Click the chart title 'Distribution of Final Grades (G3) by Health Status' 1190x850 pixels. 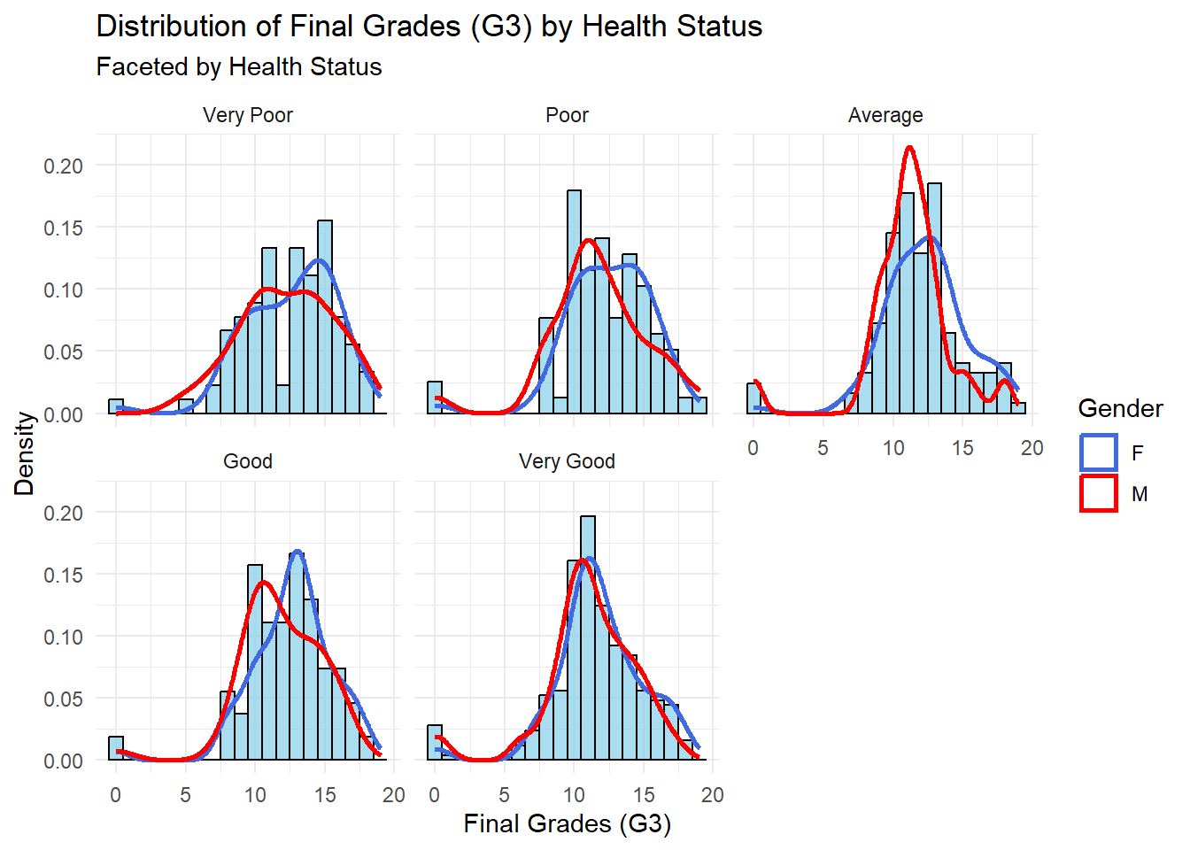point(429,27)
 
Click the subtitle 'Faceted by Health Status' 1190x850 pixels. point(239,67)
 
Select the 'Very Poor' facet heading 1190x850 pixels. point(247,115)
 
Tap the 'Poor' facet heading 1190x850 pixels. point(567,115)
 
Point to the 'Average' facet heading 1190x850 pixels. point(885,115)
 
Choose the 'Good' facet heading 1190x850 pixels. point(247,461)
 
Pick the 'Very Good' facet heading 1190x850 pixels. point(567,461)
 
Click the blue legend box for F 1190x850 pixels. point(1099,452)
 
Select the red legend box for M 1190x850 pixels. point(1099,493)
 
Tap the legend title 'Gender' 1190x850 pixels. point(1120,408)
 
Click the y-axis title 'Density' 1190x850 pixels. point(24,453)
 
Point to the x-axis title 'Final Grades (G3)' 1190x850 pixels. point(567,823)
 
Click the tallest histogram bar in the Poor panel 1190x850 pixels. point(574,301)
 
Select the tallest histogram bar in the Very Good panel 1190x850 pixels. point(588,637)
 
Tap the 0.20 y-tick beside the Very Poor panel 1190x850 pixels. point(63,166)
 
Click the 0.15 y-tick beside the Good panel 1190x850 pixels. point(63,575)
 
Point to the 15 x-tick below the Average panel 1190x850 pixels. point(962,448)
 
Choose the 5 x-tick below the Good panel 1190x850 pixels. point(185,795)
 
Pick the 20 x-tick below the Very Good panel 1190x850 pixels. point(712,795)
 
